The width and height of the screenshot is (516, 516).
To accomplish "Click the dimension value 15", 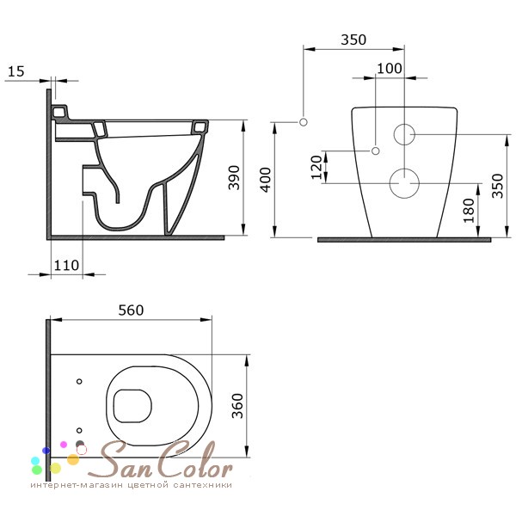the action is (15, 71).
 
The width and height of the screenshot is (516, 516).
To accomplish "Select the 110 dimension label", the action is (66, 265).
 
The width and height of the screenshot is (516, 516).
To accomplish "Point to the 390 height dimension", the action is (234, 178).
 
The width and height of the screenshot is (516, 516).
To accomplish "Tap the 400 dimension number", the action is (265, 180).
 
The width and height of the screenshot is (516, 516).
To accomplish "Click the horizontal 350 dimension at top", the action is (353, 40).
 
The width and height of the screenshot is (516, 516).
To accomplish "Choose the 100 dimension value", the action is (390, 69).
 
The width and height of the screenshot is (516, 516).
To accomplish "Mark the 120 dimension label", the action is (316, 167).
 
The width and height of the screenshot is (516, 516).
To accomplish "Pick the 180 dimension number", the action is (469, 211).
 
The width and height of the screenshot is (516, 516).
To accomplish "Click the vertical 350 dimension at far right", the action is (497, 186).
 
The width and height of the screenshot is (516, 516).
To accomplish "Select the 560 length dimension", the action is (131, 310).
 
